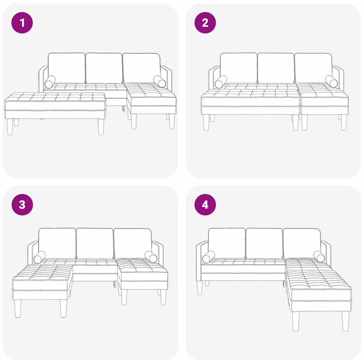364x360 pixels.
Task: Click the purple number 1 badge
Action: tap(22, 23)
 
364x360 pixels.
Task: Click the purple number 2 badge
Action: tap(205, 23)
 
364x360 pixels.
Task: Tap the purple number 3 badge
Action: tap(22, 205)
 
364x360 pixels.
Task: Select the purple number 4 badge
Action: tap(205, 205)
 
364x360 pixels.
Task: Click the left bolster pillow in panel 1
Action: tap(50, 82)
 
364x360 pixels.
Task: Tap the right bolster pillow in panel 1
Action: tap(160, 82)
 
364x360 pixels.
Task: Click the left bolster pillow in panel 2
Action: tap(221, 82)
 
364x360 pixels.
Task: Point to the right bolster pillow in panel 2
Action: tap(332, 81)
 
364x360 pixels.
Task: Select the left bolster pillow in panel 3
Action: tap(40, 257)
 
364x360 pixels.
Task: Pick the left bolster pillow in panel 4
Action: tap(208, 257)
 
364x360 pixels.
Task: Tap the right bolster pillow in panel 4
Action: tap(319, 257)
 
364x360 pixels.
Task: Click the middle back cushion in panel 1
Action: tap(104, 68)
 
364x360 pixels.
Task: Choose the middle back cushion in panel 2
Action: tap(276, 68)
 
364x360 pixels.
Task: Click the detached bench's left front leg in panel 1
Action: tap(10, 127)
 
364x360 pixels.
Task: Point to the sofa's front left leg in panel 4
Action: tap(200, 287)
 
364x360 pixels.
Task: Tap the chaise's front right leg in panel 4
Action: tap(345, 321)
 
